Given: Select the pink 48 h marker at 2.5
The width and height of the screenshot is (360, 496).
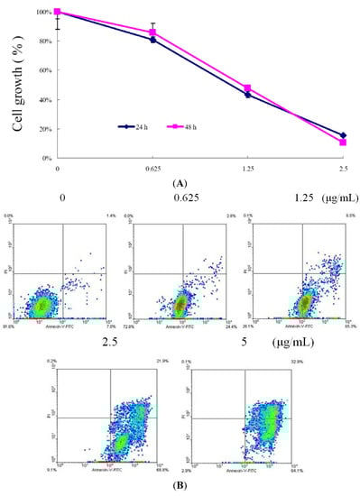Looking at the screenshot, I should point(343,142).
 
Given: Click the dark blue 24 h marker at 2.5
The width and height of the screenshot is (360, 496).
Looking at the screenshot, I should point(343,135).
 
